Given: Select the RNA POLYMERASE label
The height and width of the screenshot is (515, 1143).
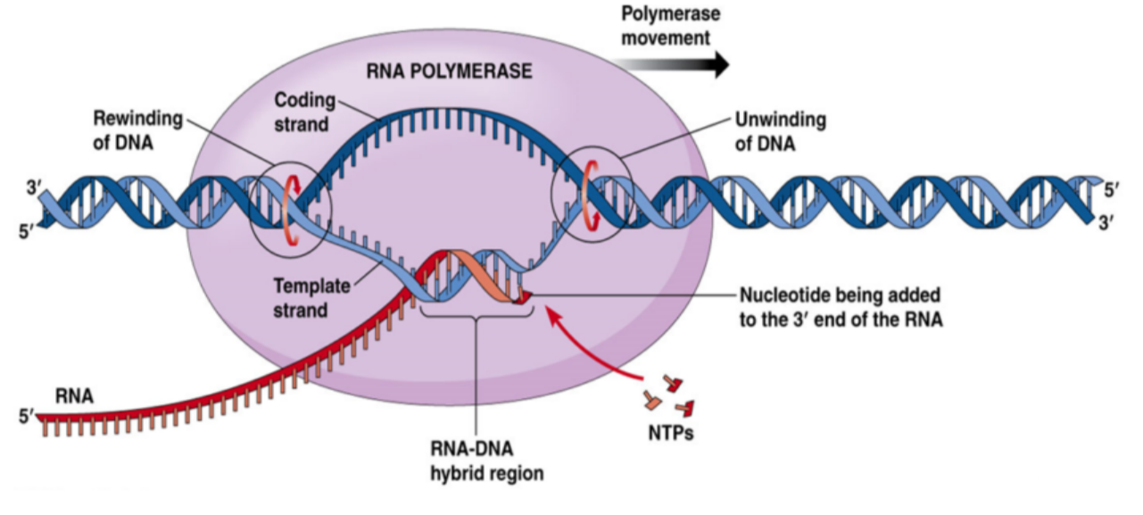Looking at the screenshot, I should click(449, 71).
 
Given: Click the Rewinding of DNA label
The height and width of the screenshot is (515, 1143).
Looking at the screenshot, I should click(137, 130).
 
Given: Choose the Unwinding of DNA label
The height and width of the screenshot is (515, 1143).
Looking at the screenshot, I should click(780, 130).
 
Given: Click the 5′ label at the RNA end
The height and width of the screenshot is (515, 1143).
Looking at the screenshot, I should click(25, 416).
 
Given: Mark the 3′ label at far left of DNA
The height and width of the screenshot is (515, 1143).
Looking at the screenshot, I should click(35, 188).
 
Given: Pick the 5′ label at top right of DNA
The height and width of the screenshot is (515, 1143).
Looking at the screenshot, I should click(1109, 188).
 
